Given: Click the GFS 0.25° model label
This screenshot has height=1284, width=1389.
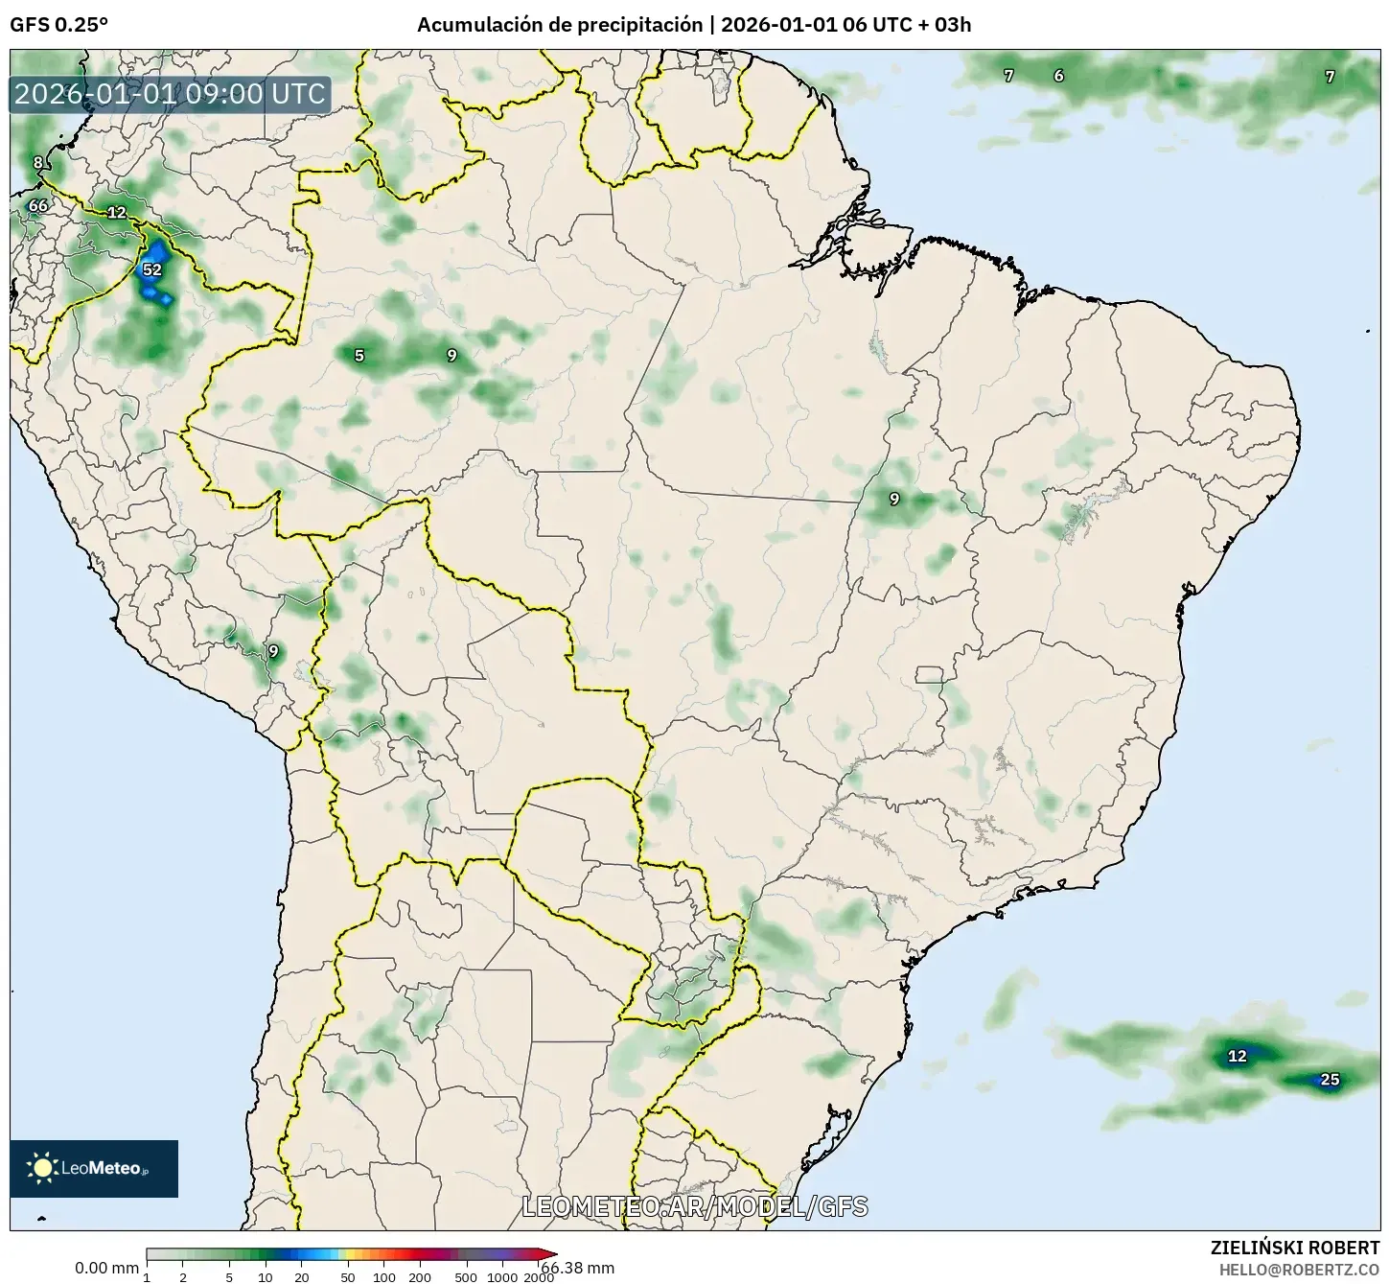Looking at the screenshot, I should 58,25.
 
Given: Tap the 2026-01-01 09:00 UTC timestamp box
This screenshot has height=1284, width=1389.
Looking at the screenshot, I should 171,94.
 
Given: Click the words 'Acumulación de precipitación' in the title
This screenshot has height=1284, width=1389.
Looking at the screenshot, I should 560,25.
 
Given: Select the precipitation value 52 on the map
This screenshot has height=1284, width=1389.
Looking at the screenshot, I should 152,269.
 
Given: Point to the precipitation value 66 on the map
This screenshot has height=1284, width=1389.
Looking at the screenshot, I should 37,205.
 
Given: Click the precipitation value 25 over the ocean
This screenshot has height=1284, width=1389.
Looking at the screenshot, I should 1330,1080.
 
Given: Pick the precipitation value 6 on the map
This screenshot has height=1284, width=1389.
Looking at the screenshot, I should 1058,76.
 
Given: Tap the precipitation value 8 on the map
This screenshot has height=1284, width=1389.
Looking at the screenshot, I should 38,162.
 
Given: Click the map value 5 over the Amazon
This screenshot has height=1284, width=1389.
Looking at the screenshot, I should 359,356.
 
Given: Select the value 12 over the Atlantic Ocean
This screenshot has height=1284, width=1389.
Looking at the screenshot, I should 1238,1056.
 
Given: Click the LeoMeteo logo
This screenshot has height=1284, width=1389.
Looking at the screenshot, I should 93,1168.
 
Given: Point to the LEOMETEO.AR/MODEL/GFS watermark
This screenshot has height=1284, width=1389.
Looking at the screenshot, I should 695,1206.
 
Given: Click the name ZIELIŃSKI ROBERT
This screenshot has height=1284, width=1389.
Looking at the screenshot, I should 1295,1248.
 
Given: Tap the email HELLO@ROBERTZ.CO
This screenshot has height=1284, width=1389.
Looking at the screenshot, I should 1299,1269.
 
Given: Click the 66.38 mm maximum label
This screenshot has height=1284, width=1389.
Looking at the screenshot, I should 577,1268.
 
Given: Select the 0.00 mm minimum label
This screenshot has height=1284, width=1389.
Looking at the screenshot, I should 106,1268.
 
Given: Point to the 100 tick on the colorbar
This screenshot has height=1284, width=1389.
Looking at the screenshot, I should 383,1277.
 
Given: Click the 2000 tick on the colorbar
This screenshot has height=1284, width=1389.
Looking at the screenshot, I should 539,1277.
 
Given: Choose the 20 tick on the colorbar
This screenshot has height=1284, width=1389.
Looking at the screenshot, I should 302,1277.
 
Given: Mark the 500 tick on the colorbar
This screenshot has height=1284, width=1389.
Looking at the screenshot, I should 466,1277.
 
